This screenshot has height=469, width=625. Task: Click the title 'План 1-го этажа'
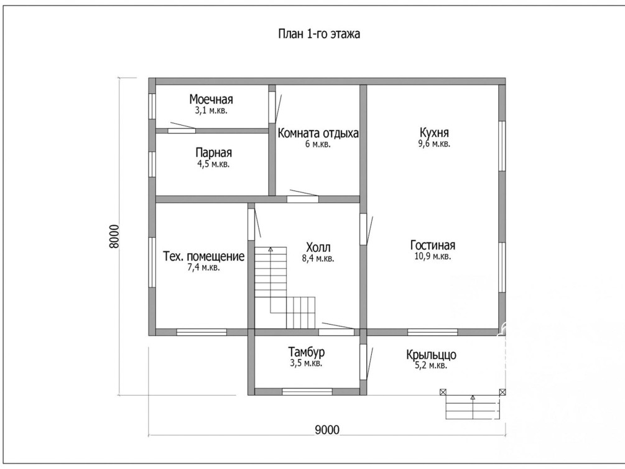(x=319, y=34)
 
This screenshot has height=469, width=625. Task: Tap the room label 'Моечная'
(x=211, y=99)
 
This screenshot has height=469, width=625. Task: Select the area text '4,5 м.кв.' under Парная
(x=213, y=164)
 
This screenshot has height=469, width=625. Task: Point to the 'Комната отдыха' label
(x=318, y=133)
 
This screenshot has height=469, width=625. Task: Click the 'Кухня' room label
(x=434, y=132)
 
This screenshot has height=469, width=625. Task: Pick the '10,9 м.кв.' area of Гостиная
(x=432, y=256)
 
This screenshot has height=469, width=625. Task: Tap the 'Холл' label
(x=318, y=248)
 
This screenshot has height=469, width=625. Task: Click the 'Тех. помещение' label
(x=204, y=256)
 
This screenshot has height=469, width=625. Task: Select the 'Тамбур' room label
(x=306, y=352)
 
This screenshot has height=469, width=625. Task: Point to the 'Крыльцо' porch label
(x=432, y=355)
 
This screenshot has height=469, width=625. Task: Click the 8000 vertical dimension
(x=114, y=236)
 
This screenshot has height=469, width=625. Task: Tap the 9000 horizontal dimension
(x=327, y=430)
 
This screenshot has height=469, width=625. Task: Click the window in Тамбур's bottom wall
(x=307, y=392)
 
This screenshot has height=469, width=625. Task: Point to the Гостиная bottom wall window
(x=432, y=332)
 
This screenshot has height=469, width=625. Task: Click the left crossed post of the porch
(x=443, y=392)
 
